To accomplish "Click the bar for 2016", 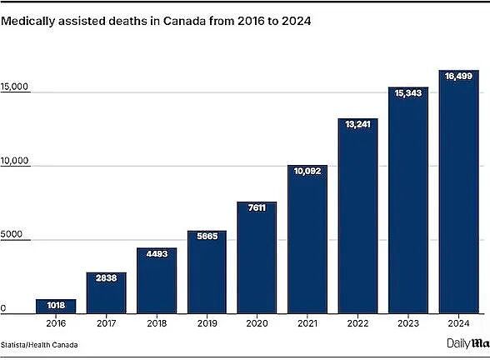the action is coord(56,307).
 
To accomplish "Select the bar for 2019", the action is coord(207,272).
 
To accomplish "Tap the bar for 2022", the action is coord(357,216).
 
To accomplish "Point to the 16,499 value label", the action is coord(458,76).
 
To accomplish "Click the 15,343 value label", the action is coord(408,93).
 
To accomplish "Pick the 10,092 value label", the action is coord(307,172).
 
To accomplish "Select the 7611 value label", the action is coord(257,207).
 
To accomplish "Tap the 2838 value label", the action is coord(107,277).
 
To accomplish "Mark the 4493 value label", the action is coord(157,253).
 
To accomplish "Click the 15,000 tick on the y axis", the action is coord(14,87).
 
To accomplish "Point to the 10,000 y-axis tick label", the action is coord(14,161).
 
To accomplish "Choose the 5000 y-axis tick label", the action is coord(12,234).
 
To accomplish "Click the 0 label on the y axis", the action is coord(2,308).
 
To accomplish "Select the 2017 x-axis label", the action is coord(107,323).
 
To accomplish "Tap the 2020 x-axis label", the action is coord(257,323).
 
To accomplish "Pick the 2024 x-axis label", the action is coord(458,323).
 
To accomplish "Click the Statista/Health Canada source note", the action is coord(39,345).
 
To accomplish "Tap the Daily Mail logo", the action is coord(468,343).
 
